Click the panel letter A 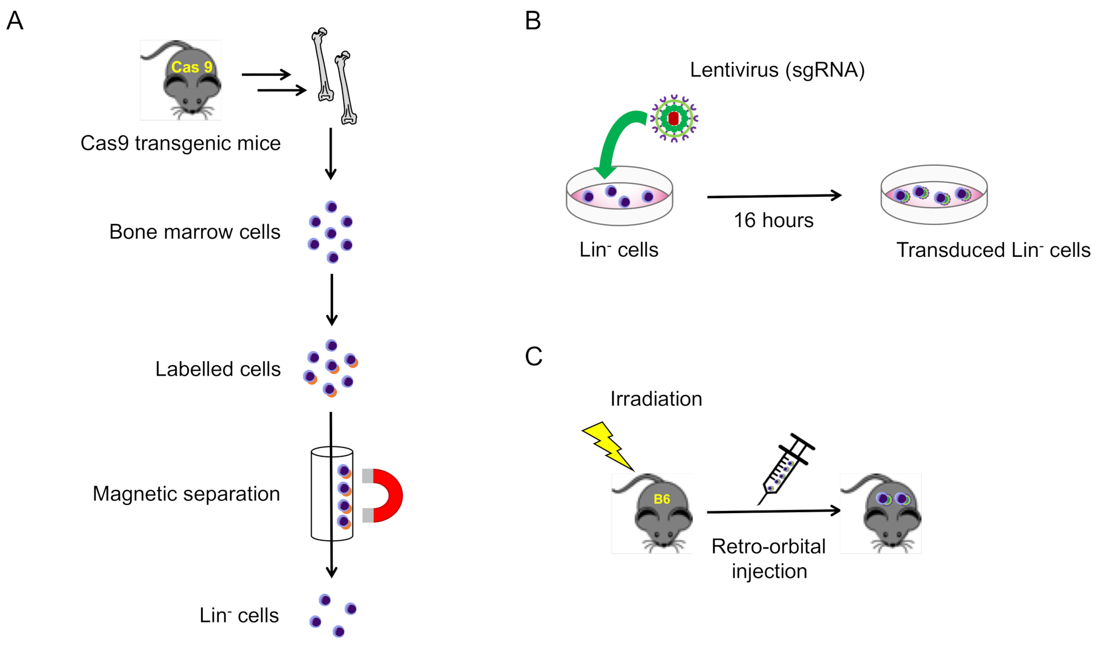tap(15, 21)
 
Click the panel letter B tap(533, 21)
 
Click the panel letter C tap(534, 356)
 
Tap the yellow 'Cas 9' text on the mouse tap(192, 67)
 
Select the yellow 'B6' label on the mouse tap(661, 499)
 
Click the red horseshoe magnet tap(385, 495)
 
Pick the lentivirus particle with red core tap(674, 118)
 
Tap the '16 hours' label tap(773, 220)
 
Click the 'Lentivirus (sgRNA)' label tap(777, 70)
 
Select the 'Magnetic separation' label tap(186, 494)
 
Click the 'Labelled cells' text tap(218, 369)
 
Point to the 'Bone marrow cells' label tap(194, 232)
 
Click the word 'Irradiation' tap(656, 399)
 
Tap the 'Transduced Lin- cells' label tap(993, 250)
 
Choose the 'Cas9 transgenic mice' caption tap(181, 144)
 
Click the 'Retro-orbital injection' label tap(769, 558)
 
